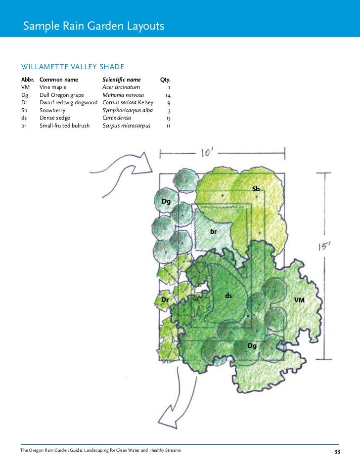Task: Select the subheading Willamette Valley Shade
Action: click(x=72, y=67)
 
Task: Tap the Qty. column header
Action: click(x=165, y=79)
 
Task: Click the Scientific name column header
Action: click(x=121, y=79)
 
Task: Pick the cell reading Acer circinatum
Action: click(x=121, y=87)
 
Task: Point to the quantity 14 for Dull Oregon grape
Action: click(x=168, y=95)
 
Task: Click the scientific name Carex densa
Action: click(x=117, y=118)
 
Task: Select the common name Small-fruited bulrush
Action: click(x=64, y=126)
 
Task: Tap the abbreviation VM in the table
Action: click(x=25, y=87)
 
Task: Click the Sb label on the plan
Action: click(x=256, y=189)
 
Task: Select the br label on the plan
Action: click(x=214, y=231)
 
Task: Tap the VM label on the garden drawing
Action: click(x=300, y=300)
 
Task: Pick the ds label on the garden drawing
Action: click(x=228, y=296)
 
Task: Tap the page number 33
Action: click(x=337, y=452)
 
